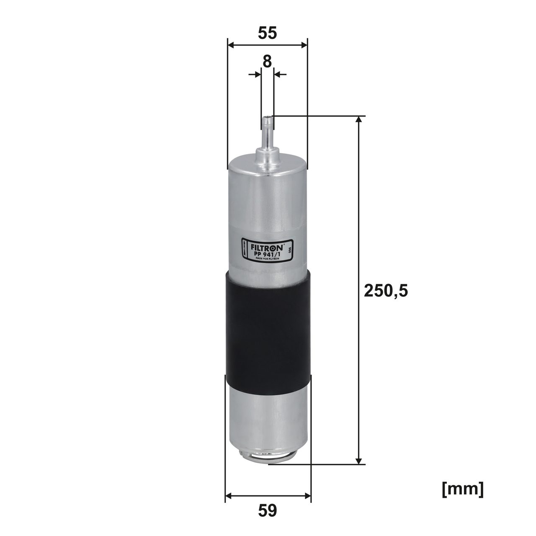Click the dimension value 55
pos(267,33)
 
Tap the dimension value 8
pos(267,61)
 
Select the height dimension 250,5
pos(386,290)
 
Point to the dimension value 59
pos(268,510)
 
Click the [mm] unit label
pos(463,489)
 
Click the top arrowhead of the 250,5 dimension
pos(358,121)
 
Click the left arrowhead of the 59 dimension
pos(229,497)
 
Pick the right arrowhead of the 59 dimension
pos(308,497)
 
